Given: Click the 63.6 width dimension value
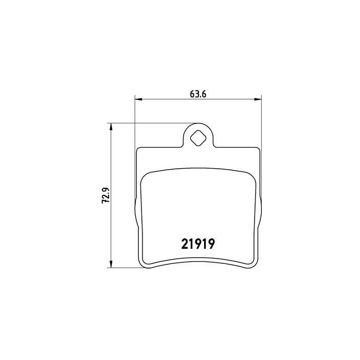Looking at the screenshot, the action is tap(198, 94).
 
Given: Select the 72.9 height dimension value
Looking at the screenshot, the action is tap(106, 195).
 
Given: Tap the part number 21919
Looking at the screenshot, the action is tap(198, 244).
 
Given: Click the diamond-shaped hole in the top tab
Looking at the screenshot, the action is tap(199, 137).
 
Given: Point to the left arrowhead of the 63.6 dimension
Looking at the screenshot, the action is tap(139, 99).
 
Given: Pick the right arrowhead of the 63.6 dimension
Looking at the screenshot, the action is tap(258, 99).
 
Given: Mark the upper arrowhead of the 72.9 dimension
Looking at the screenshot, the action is tap(111, 127).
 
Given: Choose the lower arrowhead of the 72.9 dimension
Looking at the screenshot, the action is tap(111, 264).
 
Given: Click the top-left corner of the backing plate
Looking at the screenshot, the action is tap(137, 149).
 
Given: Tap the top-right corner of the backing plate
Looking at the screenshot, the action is tap(259, 149).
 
